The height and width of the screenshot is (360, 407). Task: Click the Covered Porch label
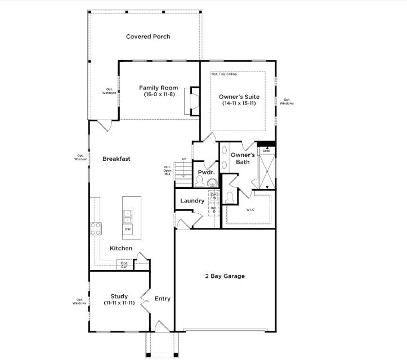148,37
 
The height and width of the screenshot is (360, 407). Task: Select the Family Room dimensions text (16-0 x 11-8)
159,95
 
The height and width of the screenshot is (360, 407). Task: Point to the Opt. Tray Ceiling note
224,74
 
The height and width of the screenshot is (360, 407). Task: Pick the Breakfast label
117,159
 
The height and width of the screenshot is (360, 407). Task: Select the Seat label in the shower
266,151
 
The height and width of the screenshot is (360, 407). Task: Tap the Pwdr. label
203,172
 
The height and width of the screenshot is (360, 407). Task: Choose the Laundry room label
192,201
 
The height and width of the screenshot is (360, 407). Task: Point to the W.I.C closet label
251,210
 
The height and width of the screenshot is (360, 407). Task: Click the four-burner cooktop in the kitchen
96,228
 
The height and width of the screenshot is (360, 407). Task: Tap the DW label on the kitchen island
128,229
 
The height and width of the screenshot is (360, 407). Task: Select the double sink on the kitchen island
128,217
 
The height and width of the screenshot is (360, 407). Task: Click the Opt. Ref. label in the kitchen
124,264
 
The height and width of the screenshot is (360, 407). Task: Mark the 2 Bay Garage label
224,276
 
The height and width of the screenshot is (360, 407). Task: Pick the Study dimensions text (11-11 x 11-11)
119,303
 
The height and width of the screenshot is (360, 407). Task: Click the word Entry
163,299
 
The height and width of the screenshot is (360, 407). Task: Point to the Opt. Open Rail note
167,170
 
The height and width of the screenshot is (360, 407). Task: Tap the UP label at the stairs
184,159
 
